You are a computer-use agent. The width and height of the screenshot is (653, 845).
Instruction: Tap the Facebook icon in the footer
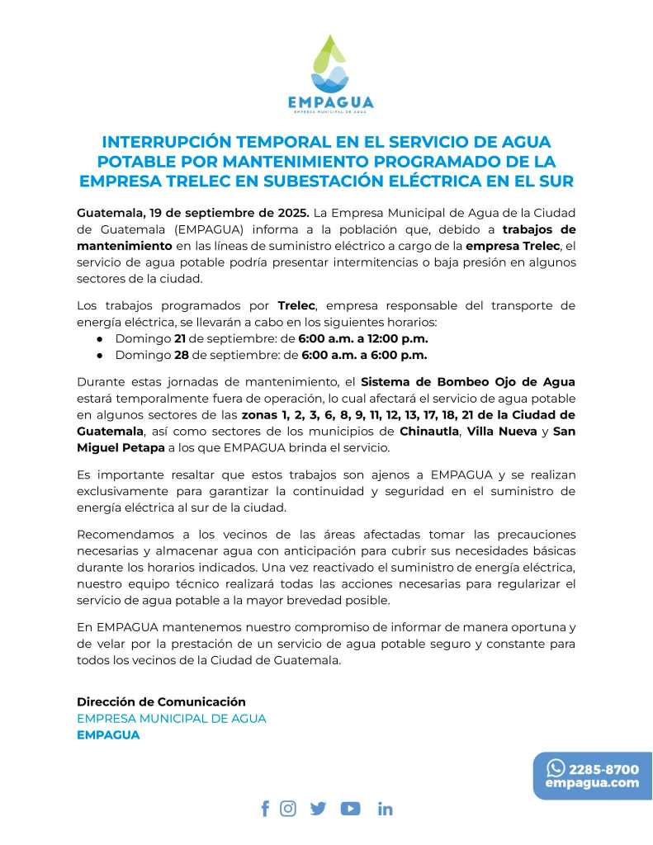[x=265, y=809]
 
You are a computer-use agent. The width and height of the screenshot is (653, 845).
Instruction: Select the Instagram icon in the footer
[x=288, y=809]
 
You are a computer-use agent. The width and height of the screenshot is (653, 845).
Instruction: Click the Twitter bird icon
[x=318, y=809]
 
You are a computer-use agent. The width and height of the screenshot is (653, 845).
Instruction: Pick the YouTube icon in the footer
[x=350, y=809]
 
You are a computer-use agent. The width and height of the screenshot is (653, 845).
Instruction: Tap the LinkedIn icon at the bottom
[x=385, y=809]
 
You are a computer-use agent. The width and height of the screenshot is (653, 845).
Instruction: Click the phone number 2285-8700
[x=603, y=769]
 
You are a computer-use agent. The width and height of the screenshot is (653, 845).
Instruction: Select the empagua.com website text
[x=592, y=783]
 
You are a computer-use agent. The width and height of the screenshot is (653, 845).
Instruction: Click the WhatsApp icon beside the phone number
[x=556, y=768]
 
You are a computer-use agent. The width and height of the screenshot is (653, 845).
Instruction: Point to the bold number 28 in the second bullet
[x=182, y=355]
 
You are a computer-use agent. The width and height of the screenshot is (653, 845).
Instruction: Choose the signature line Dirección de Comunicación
[x=161, y=701]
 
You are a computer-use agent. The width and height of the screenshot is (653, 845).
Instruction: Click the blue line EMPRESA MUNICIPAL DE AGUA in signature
[x=172, y=718]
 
